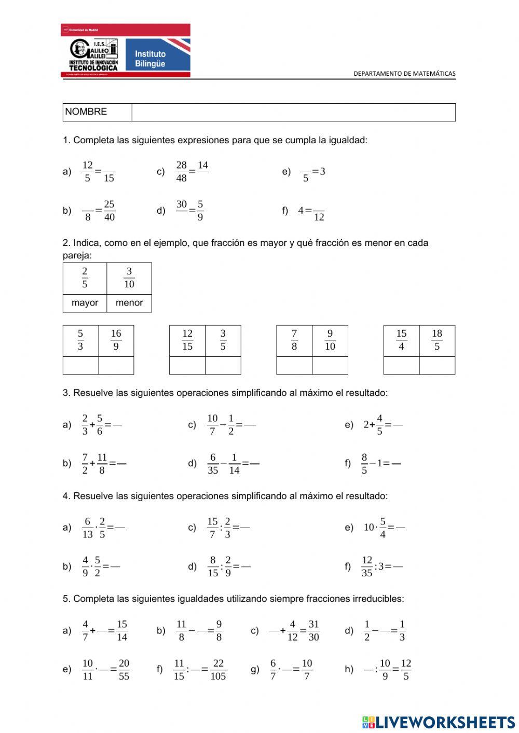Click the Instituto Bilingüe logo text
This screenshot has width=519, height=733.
150,59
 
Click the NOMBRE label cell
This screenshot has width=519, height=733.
86,112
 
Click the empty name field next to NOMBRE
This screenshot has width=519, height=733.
293,112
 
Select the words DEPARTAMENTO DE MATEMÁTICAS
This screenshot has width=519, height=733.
404,74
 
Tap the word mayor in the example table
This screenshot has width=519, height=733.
85,303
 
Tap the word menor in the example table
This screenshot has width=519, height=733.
129,303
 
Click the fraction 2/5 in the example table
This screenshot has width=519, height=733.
85,278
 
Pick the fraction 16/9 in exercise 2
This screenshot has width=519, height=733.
116,340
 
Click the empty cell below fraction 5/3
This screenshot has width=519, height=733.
80,365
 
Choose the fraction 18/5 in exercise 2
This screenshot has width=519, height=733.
437,340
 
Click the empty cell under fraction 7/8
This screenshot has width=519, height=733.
294,365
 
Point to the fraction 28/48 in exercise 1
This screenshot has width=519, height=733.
181,171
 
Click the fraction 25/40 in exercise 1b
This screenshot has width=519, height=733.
109,211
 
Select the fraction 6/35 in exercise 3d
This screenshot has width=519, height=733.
213,464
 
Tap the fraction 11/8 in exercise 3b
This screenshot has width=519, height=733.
102,464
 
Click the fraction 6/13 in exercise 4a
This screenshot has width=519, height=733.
88,528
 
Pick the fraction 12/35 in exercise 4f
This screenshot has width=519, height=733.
367,566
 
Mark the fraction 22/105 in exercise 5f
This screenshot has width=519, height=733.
218,670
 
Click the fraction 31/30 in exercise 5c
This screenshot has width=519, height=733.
313,631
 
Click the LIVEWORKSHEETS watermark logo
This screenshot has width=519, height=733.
439,722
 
